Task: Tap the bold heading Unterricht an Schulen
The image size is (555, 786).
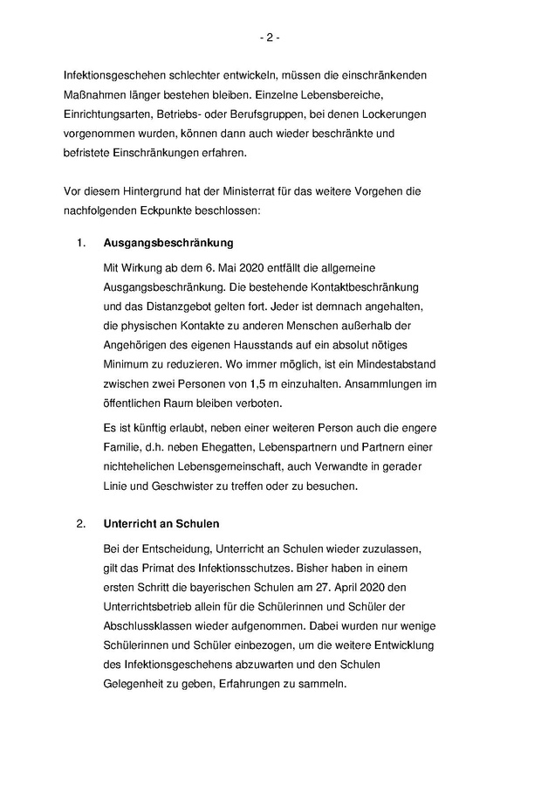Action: [x=160, y=524]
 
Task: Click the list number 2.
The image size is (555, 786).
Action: [x=79, y=524]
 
